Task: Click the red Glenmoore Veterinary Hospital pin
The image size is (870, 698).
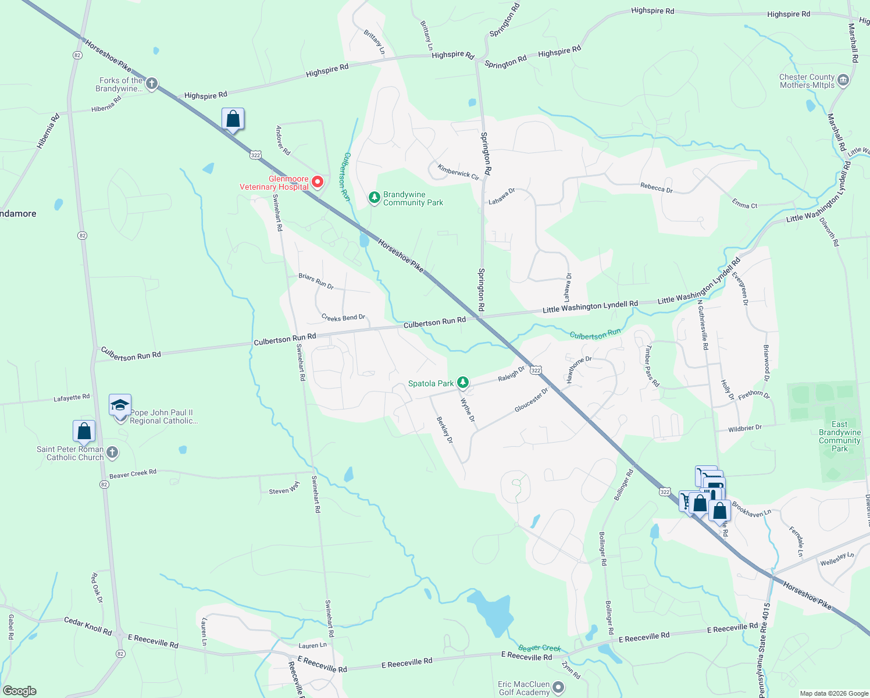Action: [x=318, y=182]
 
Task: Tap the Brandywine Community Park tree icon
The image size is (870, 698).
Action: [x=375, y=198]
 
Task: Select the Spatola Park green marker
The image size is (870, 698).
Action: [x=463, y=383]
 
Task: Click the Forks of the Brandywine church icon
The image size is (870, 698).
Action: [x=151, y=84]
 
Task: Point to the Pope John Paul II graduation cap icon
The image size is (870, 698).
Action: [x=120, y=405]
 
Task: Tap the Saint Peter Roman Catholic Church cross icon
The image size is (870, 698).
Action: [x=113, y=453]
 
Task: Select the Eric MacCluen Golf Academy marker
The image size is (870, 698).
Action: [x=558, y=688]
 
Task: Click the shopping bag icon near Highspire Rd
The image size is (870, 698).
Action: [x=233, y=119]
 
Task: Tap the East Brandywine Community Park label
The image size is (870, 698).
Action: [x=839, y=436]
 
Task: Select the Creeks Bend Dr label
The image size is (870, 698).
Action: [x=343, y=318]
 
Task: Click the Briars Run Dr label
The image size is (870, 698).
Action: [x=316, y=281]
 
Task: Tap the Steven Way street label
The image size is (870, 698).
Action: [x=284, y=488]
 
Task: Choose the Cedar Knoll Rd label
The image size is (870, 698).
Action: [x=87, y=626]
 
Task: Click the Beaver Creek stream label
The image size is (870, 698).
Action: [x=539, y=647]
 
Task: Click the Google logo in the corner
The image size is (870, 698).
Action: [x=20, y=690]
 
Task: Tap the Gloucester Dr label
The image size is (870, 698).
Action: [x=531, y=401]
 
